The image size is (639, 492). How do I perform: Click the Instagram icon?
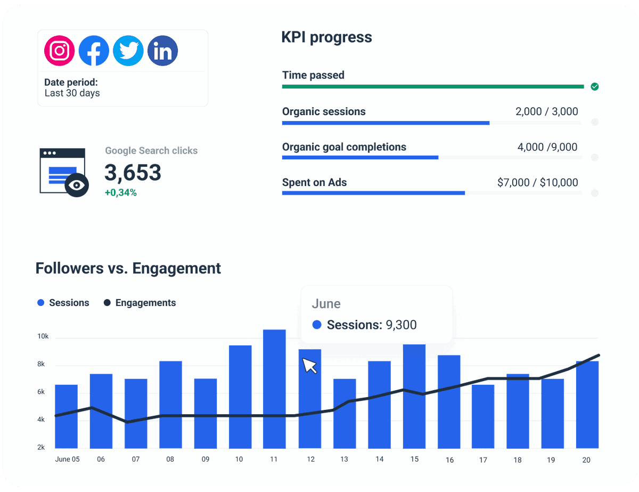(x=60, y=51)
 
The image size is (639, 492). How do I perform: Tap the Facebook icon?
(x=94, y=51)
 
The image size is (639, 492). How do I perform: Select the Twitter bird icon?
(x=128, y=51)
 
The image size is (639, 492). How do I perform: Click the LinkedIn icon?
(x=162, y=51)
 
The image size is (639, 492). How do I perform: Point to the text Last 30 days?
(x=72, y=93)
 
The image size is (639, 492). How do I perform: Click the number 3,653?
(x=133, y=173)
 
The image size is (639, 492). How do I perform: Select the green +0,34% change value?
(x=120, y=193)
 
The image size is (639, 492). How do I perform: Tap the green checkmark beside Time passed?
(x=595, y=86)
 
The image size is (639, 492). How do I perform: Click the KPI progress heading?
(x=326, y=37)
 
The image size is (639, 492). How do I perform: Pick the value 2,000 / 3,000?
(x=546, y=112)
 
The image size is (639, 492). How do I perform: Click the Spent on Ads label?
(x=314, y=182)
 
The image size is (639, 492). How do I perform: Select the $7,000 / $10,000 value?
(x=537, y=183)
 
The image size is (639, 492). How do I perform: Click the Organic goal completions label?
(x=344, y=147)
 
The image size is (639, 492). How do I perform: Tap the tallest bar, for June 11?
(x=274, y=389)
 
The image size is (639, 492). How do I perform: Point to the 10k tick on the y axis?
(x=43, y=337)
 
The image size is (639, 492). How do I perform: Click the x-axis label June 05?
(x=67, y=459)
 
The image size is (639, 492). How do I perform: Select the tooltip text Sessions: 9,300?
(x=371, y=325)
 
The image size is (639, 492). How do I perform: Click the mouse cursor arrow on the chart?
(x=309, y=365)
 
